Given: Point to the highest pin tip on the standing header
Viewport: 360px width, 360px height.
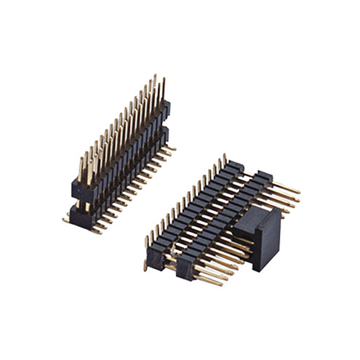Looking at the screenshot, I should [x=153, y=76].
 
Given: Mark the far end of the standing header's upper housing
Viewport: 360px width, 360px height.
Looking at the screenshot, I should [x=166, y=109].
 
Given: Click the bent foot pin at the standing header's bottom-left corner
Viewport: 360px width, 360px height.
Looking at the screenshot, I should [x=66, y=220].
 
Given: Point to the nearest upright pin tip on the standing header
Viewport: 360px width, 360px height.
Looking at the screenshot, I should [x=81, y=159].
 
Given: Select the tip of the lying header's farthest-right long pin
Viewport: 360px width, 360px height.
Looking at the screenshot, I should [x=297, y=192].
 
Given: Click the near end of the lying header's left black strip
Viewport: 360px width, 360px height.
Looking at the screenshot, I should [x=156, y=258].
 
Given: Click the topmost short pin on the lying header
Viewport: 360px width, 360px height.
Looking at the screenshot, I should [x=224, y=156].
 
